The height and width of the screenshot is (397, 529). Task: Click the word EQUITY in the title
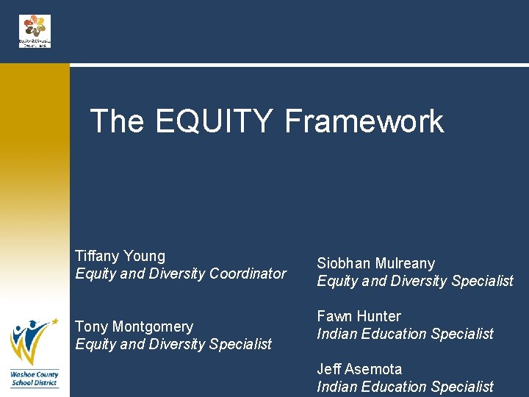[215, 121]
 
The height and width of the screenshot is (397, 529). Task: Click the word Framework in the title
[364, 121]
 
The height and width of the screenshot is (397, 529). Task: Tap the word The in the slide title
[117, 121]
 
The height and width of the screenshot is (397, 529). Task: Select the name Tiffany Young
[120, 256]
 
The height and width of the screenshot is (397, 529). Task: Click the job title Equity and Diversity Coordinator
[181, 273]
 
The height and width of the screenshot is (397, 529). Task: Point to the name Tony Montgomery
[134, 326]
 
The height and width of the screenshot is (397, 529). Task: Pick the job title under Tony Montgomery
[173, 344]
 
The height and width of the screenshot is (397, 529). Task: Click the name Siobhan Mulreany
[375, 263]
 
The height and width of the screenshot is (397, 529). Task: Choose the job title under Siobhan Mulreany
[415, 281]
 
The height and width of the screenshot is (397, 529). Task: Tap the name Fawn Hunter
[359, 316]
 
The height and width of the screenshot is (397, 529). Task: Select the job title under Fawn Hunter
[405, 334]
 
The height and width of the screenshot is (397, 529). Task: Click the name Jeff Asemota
[359, 369]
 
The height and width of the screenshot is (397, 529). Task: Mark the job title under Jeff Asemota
[405, 387]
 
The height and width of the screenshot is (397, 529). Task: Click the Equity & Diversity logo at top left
[35, 31]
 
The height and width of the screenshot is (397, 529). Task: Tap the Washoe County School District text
[34, 379]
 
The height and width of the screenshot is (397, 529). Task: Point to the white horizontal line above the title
[294, 65]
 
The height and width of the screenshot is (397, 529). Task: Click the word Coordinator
[248, 273]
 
